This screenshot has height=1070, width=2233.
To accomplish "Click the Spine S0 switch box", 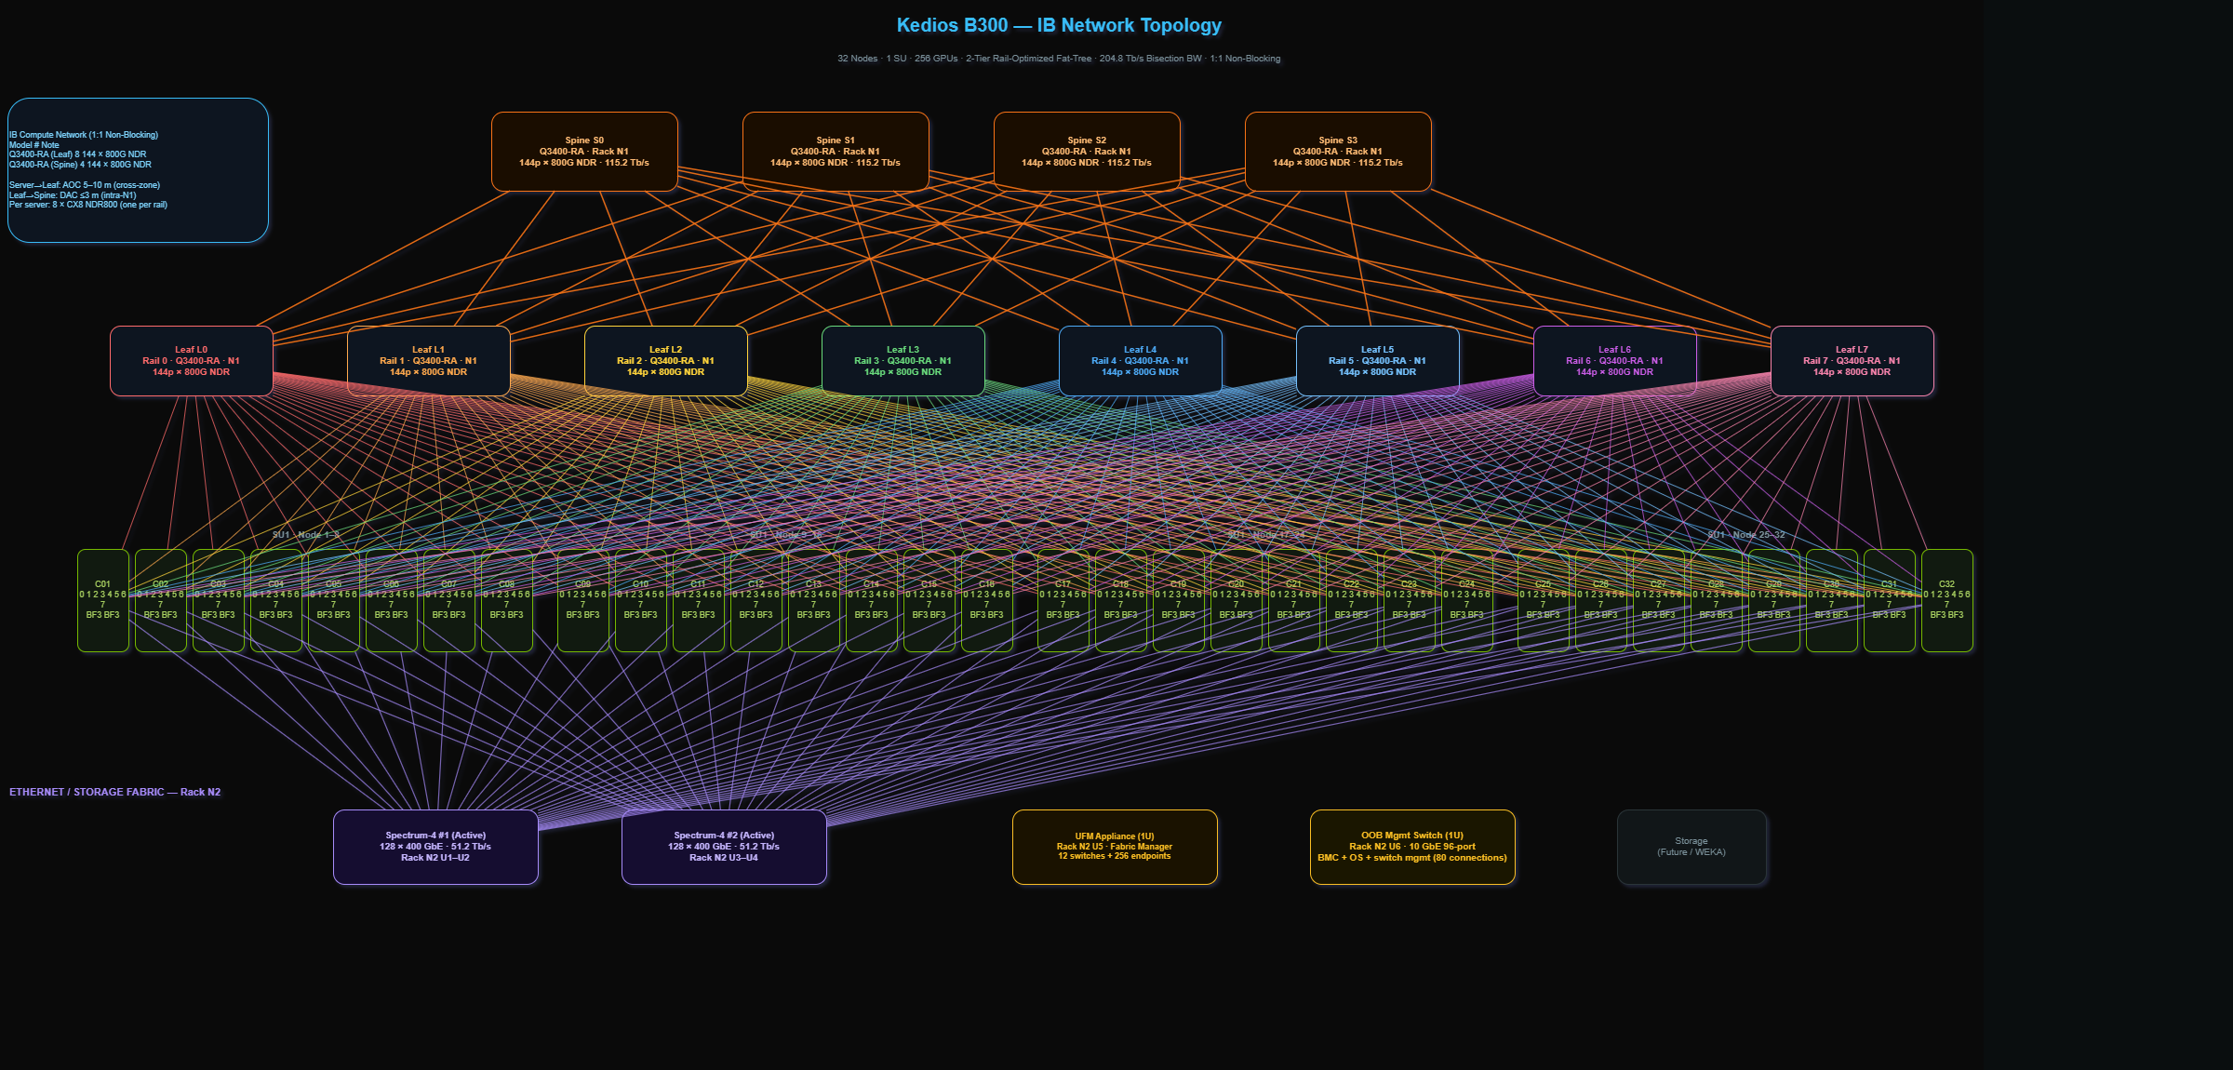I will (584, 152).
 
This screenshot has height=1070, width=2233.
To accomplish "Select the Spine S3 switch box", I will (1338, 152).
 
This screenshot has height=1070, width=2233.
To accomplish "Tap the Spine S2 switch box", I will (1087, 152).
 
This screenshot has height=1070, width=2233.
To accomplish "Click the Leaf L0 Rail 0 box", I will (192, 361).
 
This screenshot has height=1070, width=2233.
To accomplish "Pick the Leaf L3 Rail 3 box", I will (903, 361).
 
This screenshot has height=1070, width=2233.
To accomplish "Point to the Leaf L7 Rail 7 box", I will (1852, 361).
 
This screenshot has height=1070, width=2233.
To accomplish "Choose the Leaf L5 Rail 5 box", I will (1377, 361).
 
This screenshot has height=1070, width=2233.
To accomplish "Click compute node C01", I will (103, 600).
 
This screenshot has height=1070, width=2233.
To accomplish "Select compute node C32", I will (1946, 600).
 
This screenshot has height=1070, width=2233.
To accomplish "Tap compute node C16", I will (986, 600).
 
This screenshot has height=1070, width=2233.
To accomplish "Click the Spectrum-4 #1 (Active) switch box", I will (435, 847).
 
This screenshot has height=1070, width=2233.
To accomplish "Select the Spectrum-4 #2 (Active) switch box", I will (724, 847).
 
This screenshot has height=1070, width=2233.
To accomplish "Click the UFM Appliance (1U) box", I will (1115, 847).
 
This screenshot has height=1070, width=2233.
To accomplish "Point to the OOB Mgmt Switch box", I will (1412, 847).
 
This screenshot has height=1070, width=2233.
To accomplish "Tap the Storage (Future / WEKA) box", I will (1691, 847).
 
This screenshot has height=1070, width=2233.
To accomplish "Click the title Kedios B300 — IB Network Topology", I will (1059, 26).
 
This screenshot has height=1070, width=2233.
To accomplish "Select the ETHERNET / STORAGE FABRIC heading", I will (115, 793).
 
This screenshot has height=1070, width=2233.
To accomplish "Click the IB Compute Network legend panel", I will (138, 170).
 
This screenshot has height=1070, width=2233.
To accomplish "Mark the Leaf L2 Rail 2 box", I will (665, 361).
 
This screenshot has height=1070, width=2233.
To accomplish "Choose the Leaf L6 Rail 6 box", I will (1614, 361).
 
